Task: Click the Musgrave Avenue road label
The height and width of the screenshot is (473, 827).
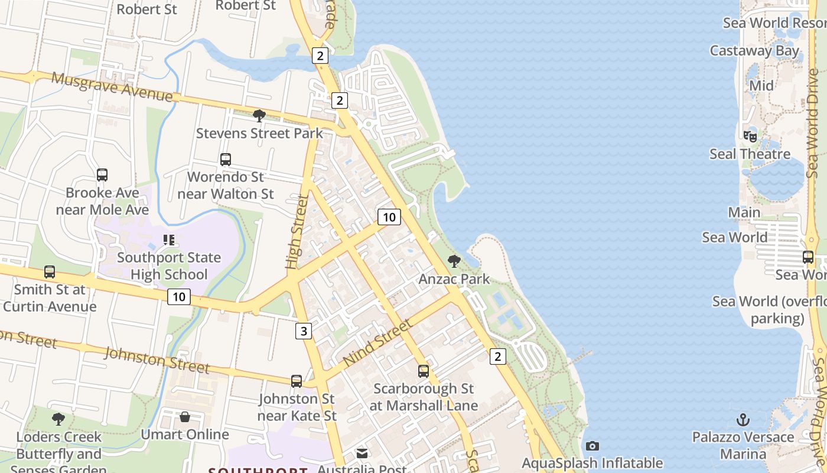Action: [x=112, y=87]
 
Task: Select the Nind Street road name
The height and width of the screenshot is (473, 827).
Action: [x=377, y=342]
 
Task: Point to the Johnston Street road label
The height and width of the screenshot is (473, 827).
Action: [x=157, y=361]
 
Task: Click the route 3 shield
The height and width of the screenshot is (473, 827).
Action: [x=304, y=331]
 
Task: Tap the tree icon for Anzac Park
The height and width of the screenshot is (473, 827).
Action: [x=454, y=261]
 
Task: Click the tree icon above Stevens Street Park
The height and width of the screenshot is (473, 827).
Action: [x=259, y=115]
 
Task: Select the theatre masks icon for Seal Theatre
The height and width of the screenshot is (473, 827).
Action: [x=750, y=137]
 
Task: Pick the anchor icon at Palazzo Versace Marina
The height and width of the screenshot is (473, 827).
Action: [x=743, y=420]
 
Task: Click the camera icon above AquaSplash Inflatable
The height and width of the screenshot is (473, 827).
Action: [x=592, y=446]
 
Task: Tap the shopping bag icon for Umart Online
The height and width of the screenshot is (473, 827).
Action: [x=185, y=417]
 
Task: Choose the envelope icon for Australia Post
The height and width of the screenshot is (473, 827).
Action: [x=362, y=453]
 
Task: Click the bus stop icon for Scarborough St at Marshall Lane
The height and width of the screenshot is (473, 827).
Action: [x=424, y=371]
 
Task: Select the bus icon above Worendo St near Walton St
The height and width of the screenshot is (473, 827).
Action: [x=226, y=159]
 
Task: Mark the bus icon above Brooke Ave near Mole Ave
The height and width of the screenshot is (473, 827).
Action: [x=102, y=175]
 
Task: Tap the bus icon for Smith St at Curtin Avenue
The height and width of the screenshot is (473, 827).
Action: [x=50, y=272]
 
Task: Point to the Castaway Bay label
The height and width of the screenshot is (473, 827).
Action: [x=754, y=51]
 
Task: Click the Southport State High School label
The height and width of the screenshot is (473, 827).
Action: [x=169, y=266]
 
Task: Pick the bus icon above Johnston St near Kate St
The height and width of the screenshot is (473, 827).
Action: [x=297, y=381]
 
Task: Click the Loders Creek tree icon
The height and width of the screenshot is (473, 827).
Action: [x=58, y=419]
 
